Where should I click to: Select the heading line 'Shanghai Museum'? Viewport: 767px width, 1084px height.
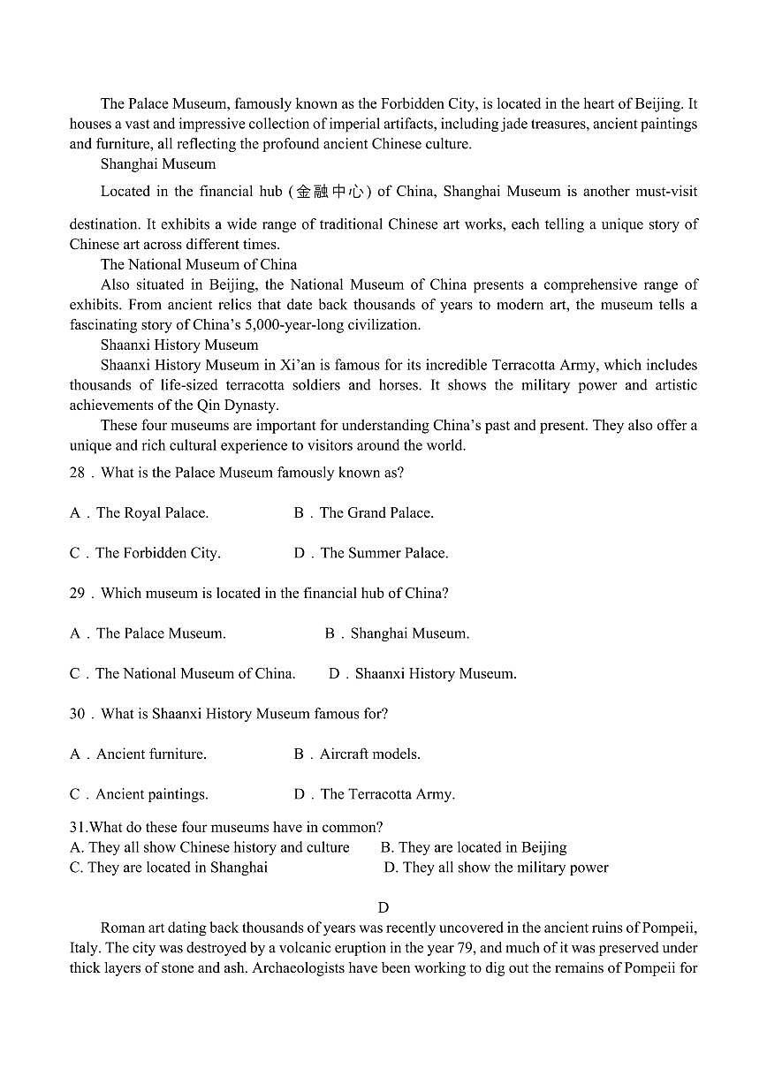click(x=157, y=164)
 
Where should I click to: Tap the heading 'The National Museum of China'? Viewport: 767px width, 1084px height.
click(x=198, y=264)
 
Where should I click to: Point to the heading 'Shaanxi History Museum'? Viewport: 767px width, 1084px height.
click(x=179, y=345)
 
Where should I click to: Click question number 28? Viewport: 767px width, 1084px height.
click(x=77, y=473)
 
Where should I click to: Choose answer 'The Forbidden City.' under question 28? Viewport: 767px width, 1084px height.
click(x=157, y=553)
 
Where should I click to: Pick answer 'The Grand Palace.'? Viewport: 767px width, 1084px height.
click(x=376, y=513)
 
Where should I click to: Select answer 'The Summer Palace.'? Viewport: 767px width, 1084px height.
click(x=383, y=553)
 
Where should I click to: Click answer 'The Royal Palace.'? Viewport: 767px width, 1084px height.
click(x=152, y=513)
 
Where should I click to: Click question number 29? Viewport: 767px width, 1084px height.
click(x=77, y=594)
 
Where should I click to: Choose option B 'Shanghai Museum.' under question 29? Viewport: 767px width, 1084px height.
click(x=409, y=633)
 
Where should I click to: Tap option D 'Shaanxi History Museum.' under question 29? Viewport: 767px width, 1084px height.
click(x=435, y=674)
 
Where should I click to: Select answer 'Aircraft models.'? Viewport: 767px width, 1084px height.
click(x=369, y=754)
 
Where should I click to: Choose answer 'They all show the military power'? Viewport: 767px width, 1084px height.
click(x=505, y=868)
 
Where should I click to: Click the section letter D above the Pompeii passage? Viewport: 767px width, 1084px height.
click(x=383, y=907)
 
